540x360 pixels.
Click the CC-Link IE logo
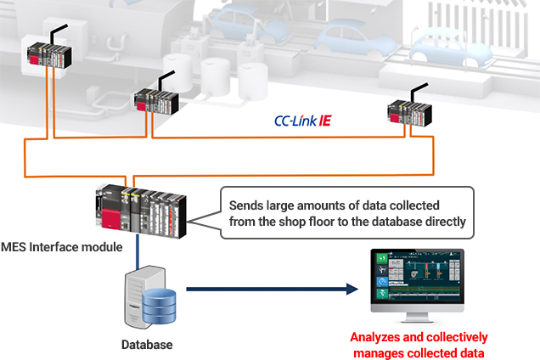click(x=302, y=121)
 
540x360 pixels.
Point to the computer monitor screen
click(x=416, y=279)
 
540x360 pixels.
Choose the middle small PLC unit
click(x=159, y=101)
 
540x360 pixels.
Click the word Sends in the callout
click(x=248, y=204)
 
